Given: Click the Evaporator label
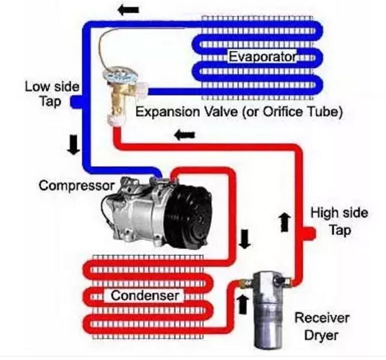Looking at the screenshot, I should tap(262, 57).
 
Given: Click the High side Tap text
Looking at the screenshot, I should tap(339, 220).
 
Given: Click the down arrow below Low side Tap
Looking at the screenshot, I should tap(73, 145).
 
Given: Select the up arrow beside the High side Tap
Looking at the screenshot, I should tap(285, 221).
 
